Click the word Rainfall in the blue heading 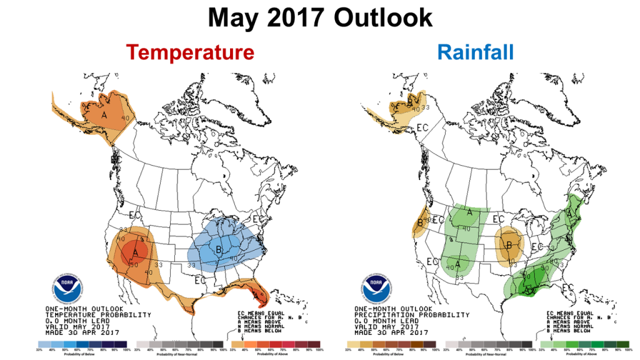point(476,52)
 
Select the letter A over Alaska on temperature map point(105,115)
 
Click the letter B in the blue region point(218,250)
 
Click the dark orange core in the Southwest point(134,252)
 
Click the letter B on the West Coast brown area point(419,220)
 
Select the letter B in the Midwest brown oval point(509,245)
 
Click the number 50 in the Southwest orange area point(134,264)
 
